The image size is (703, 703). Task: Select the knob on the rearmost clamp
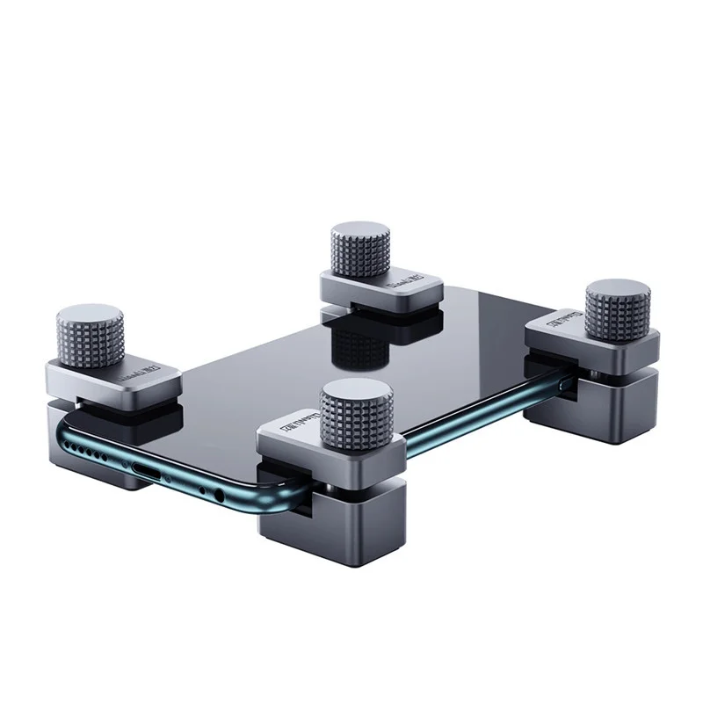(360, 251)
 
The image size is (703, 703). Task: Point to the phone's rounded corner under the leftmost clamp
(66, 431)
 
